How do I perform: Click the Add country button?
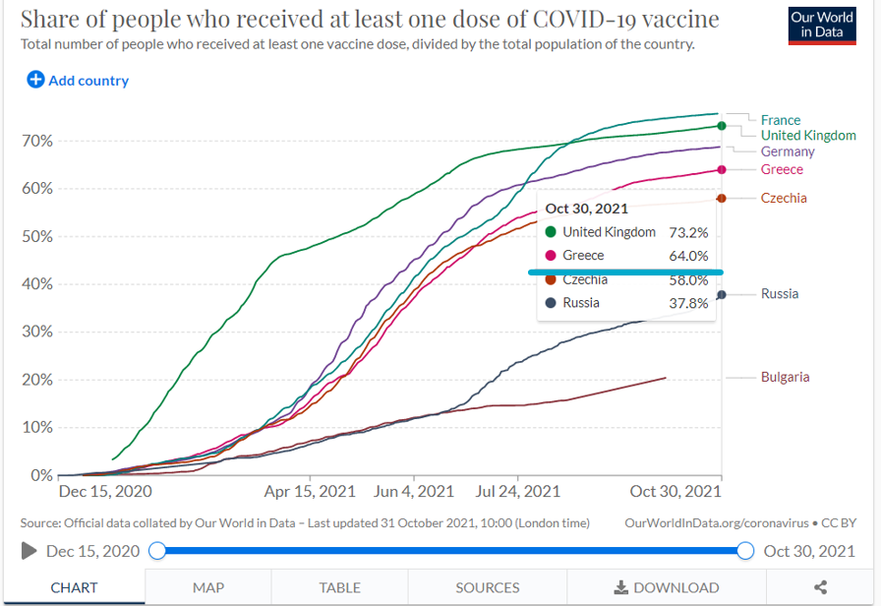pos(78,80)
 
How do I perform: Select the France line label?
pos(780,120)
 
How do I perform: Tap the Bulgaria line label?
pos(785,377)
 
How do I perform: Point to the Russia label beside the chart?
pos(780,293)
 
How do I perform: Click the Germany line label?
pos(788,151)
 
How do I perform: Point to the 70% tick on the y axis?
pos(36,141)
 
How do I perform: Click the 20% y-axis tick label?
pos(36,380)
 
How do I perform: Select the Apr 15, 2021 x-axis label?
pos(310,491)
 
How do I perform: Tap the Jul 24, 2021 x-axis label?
pos(517,491)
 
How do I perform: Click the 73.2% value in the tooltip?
pos(688,232)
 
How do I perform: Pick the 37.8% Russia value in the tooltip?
pos(688,303)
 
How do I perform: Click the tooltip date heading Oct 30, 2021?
pos(586,209)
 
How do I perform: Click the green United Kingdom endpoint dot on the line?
pos(721,126)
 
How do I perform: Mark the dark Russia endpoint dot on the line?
pos(721,295)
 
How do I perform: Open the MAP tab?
pos(208,587)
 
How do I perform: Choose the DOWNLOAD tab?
pos(666,587)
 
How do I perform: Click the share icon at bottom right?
pos(820,587)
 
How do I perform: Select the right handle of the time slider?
pos(745,551)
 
